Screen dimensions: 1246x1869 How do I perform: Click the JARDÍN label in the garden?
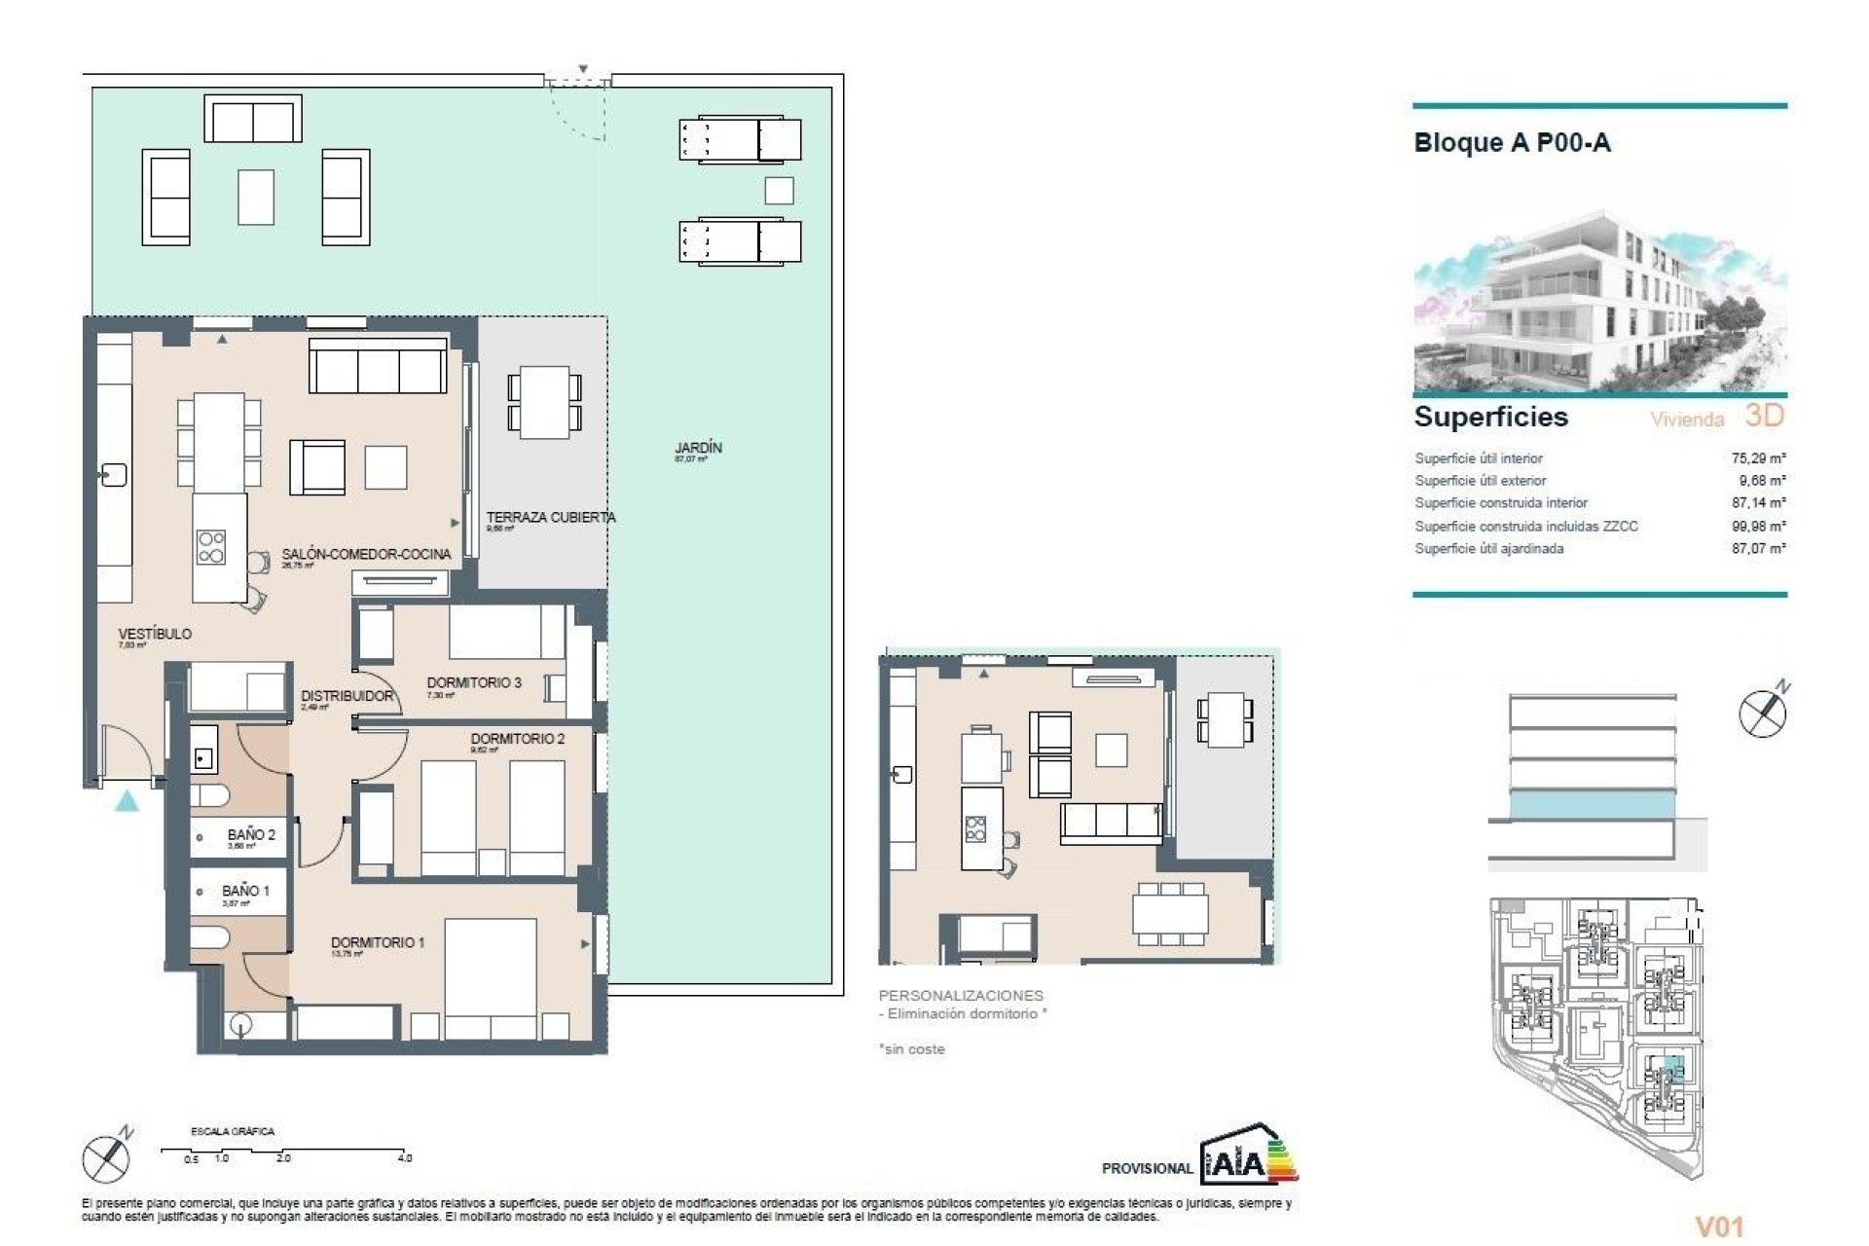pos(698,448)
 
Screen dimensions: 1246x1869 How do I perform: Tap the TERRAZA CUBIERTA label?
pos(550,518)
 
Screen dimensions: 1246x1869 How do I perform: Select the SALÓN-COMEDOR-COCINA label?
pos(366,554)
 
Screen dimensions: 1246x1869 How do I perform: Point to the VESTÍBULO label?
pos(155,634)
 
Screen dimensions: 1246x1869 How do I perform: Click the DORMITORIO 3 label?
pos(474,682)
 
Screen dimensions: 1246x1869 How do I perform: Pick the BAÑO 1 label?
pos(245,891)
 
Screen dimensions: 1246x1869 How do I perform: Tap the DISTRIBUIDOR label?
pos(347,696)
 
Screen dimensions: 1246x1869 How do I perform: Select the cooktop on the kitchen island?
pos(211,547)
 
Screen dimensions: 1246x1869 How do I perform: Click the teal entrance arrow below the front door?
pos(127,801)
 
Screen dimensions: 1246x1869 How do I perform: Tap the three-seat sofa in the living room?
pos(378,367)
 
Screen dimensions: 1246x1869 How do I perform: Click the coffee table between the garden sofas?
pos(256,198)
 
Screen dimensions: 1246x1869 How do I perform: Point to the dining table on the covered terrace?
pos(544,402)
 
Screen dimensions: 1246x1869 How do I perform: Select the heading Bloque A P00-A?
pos(1512,143)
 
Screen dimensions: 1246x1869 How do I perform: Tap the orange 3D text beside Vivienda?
pos(1764,416)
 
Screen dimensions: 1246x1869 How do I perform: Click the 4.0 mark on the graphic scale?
pos(404,1158)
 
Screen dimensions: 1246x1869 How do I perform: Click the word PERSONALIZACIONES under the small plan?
pos(960,996)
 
